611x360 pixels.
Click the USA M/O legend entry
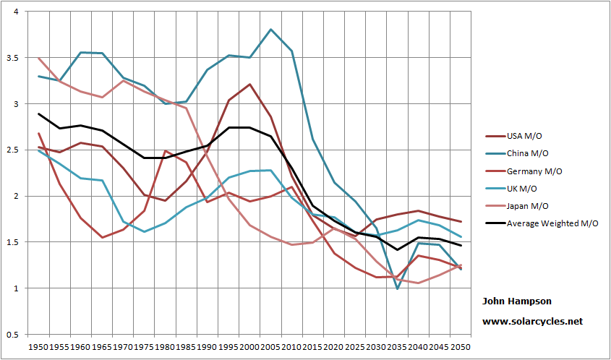point(524,135)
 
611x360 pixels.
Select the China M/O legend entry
point(526,153)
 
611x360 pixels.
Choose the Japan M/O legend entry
point(527,206)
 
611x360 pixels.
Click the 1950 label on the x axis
point(38,348)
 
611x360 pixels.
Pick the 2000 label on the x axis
point(249,348)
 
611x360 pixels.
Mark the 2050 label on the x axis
point(461,348)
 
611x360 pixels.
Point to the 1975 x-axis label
point(144,348)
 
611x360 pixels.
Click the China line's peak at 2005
point(270,30)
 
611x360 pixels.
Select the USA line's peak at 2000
point(249,85)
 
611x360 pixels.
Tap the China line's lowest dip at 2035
point(397,288)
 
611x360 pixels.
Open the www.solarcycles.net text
point(532,321)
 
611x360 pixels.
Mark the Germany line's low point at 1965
point(102,237)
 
